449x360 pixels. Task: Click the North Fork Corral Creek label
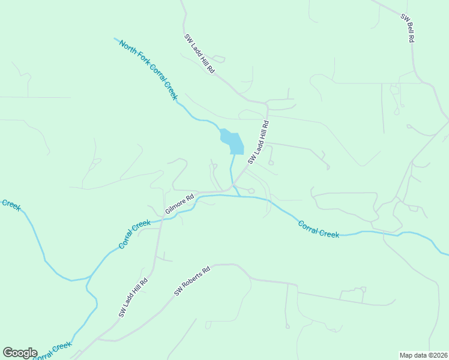tap(149, 70)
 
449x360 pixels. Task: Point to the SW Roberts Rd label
tap(193, 281)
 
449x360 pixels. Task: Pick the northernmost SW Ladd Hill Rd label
tap(199, 53)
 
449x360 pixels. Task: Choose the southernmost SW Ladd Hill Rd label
tap(133, 298)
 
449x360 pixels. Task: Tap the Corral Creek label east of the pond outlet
tap(319, 229)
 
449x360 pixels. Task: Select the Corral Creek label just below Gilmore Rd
tap(134, 235)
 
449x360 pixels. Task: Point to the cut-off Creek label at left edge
tap(10, 205)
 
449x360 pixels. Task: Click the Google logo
tap(20, 353)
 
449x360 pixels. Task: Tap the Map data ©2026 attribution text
tap(423, 355)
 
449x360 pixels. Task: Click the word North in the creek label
tap(128, 49)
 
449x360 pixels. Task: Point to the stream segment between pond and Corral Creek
tap(231, 171)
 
